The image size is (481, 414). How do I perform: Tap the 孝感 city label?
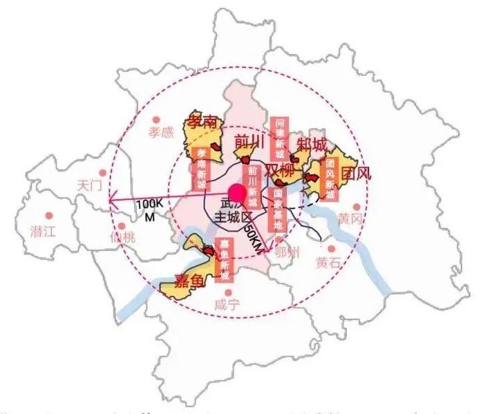(x=160, y=132)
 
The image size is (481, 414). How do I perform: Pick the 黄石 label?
(x=330, y=262)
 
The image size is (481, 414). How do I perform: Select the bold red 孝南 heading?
(x=203, y=123)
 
